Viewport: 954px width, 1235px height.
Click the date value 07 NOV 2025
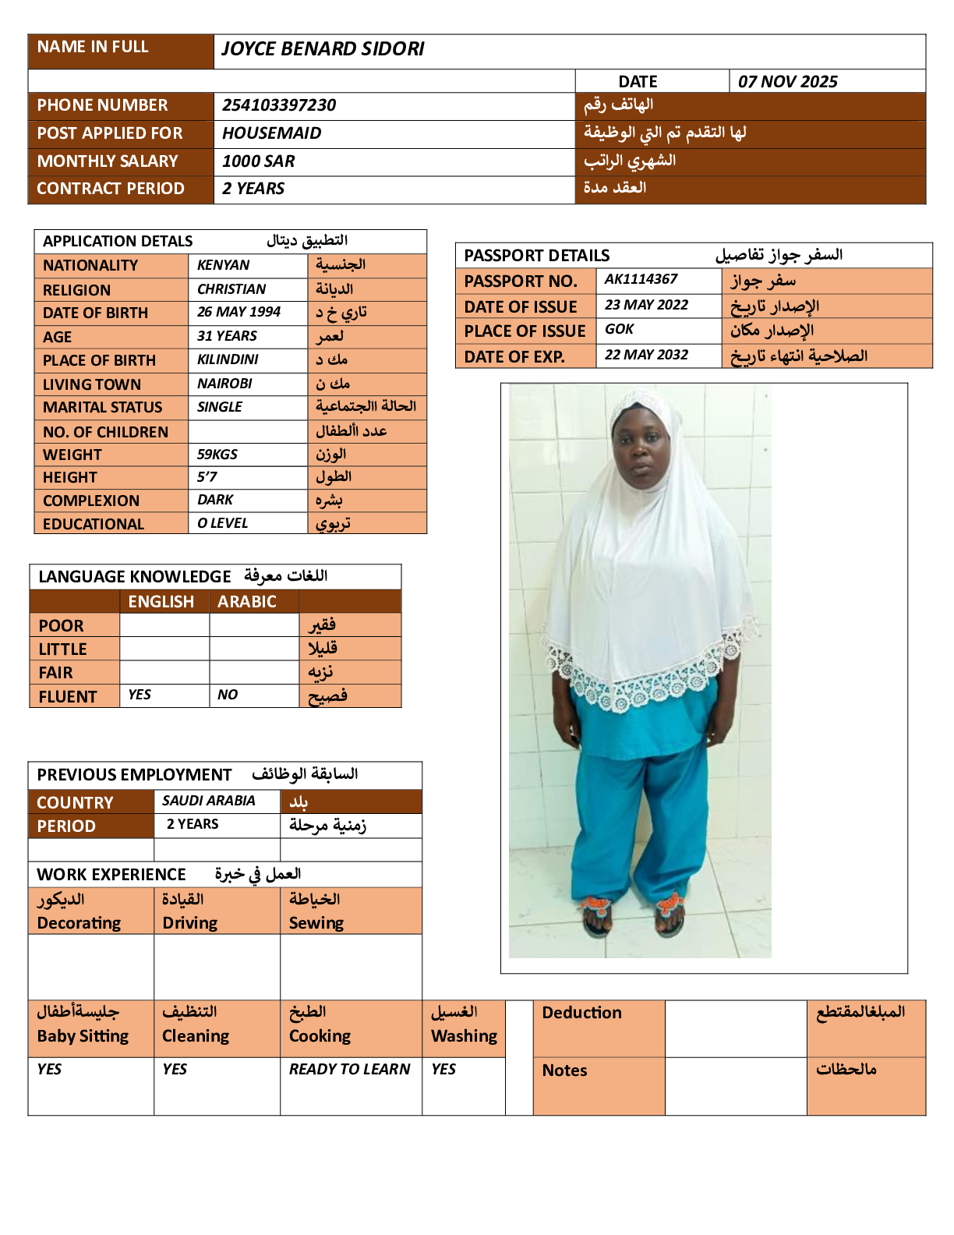pos(787,82)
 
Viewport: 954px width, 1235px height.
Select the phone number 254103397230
pos(279,105)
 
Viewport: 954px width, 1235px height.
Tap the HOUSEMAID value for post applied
pos(271,133)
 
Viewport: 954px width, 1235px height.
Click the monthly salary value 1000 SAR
pos(258,161)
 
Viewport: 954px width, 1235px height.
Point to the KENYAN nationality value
pos(223,265)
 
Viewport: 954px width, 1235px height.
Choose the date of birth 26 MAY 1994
pos(238,312)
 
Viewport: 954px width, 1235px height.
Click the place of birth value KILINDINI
pos(228,359)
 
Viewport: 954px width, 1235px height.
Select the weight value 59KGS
pos(217,455)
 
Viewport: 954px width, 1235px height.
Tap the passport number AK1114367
pos(641,279)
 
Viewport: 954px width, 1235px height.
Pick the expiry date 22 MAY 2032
pos(646,355)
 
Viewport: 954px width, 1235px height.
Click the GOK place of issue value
pos(619,329)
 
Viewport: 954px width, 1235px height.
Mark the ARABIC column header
pos(246,602)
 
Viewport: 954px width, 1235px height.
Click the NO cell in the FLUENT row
pos(228,695)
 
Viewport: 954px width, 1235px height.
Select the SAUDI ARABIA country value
pos(208,801)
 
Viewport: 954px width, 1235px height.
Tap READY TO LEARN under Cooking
pos(349,1069)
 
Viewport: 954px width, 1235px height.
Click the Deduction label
pos(581,1013)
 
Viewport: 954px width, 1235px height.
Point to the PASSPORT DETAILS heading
pos(537,256)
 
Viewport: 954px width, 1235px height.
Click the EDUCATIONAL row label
pos(94,524)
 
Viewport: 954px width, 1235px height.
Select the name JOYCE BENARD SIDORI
pos(323,49)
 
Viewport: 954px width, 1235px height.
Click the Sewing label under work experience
pos(316,923)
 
